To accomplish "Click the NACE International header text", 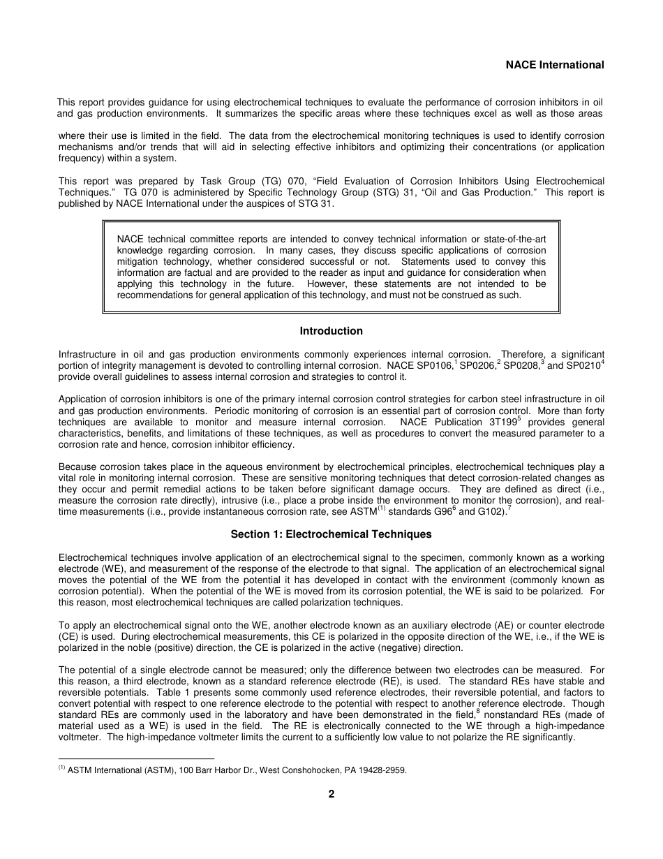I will tap(555, 65).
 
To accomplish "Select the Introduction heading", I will tap(331, 331).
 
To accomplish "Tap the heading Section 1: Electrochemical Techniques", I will tap(331, 534).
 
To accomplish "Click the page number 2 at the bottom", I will tap(331, 793).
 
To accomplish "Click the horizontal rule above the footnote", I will tap(136, 758).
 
